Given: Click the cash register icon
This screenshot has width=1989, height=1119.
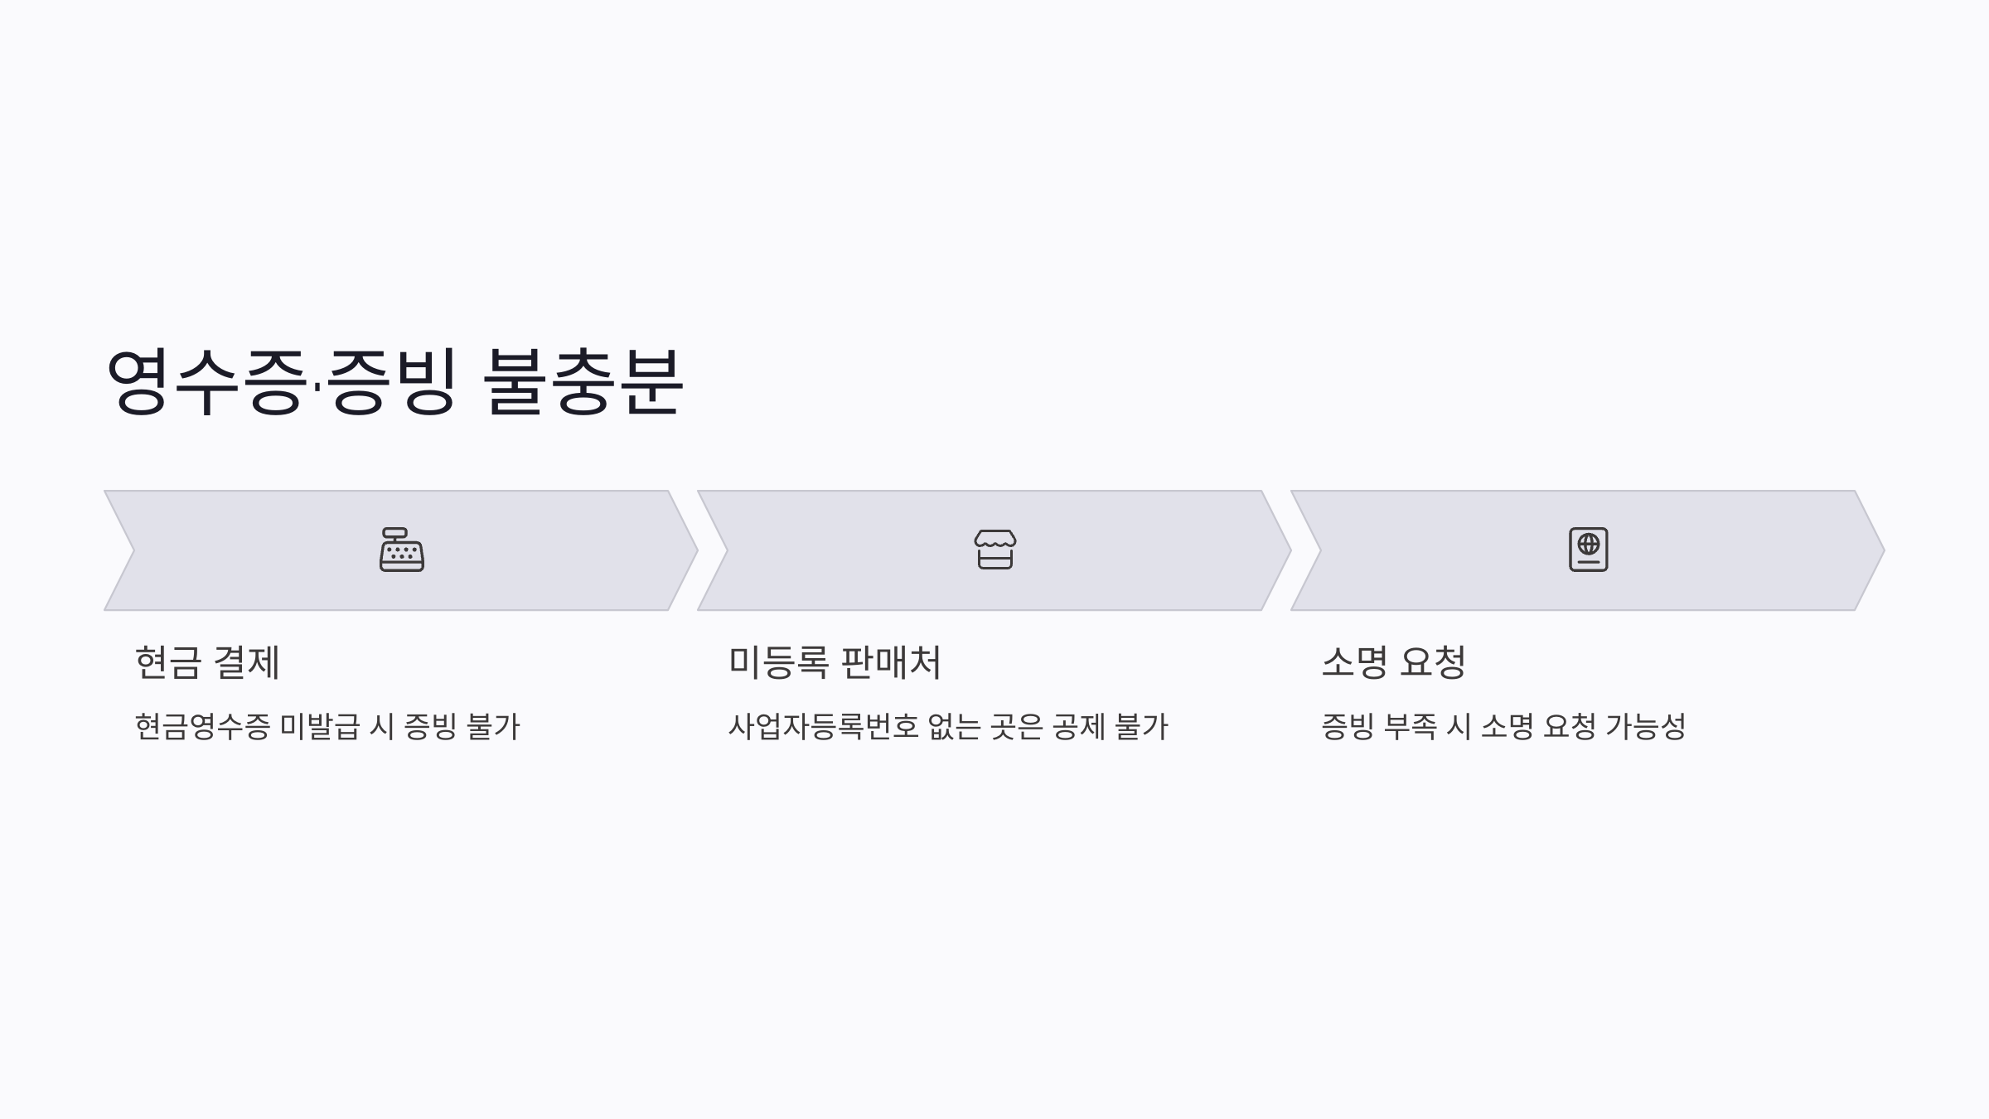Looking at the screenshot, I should [402, 550].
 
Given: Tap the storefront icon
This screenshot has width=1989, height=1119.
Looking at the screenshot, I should [995, 550].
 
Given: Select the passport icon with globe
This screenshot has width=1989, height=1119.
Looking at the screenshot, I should [1589, 550].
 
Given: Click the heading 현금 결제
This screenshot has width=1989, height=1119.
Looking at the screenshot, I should [207, 662].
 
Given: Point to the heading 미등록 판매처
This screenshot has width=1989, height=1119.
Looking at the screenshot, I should [835, 662].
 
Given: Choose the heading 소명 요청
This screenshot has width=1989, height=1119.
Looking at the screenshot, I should [1394, 662].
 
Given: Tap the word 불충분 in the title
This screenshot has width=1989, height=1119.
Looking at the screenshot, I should [583, 381].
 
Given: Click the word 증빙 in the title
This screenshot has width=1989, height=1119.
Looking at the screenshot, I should [391, 381].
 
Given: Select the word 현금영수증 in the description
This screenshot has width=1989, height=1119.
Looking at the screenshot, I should [202, 727].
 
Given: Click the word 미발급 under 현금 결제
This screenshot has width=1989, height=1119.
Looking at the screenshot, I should [319, 727].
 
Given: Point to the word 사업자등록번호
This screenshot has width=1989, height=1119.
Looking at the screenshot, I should [824, 727].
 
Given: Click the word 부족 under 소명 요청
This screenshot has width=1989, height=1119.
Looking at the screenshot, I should [1411, 727].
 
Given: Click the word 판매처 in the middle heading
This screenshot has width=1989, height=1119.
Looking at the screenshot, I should [891, 662].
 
